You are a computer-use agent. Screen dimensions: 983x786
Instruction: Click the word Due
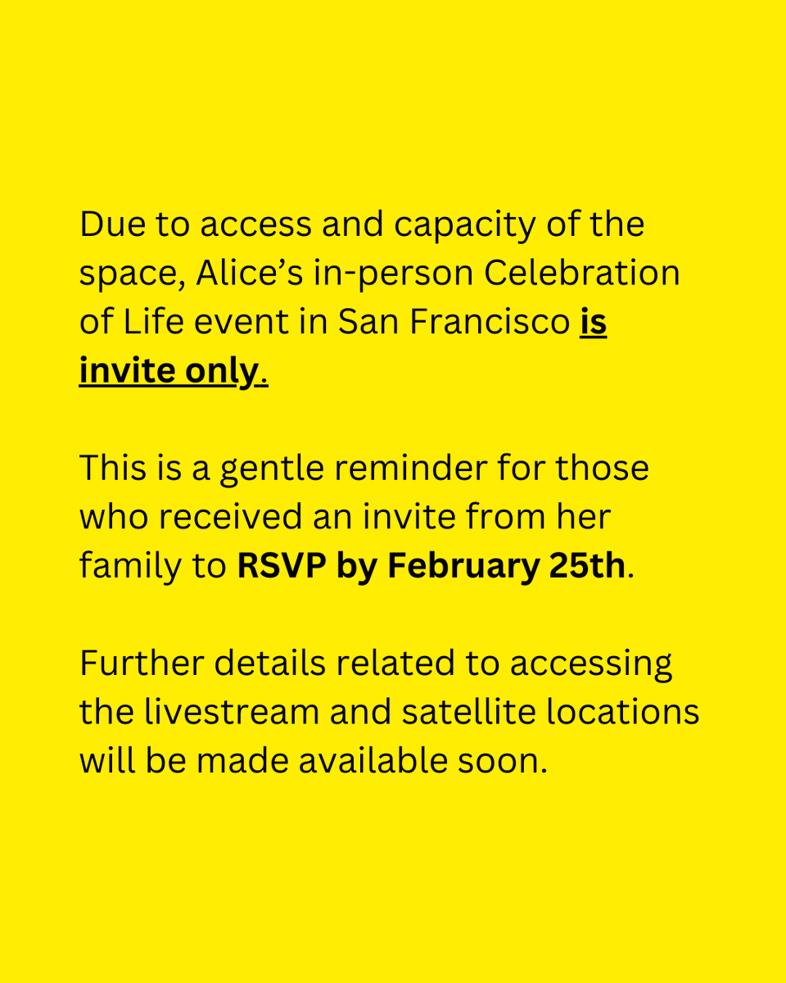[109, 224]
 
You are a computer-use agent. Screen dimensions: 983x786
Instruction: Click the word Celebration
[582, 274]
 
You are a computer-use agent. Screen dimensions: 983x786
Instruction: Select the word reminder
[413, 469]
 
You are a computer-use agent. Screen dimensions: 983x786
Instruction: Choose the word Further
[141, 664]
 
